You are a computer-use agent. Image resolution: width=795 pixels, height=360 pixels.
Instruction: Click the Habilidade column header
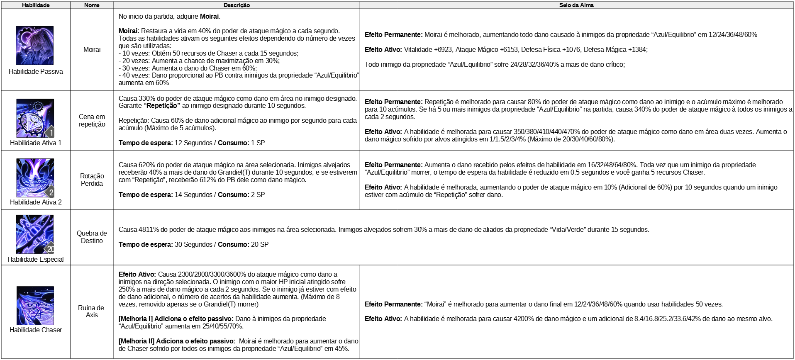click(x=36, y=5)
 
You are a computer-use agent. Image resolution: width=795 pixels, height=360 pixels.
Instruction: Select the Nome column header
click(x=92, y=5)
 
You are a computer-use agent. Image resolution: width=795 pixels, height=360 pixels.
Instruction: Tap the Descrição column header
click(x=237, y=5)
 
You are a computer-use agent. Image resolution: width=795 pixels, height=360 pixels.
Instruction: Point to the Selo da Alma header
click(x=576, y=5)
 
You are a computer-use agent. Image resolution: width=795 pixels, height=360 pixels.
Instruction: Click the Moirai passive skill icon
click(x=35, y=45)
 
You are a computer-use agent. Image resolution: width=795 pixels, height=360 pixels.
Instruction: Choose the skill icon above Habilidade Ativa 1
click(x=35, y=118)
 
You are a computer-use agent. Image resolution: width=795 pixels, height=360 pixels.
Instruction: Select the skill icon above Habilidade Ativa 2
click(x=35, y=178)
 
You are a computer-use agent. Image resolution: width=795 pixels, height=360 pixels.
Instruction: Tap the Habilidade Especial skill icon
click(x=35, y=234)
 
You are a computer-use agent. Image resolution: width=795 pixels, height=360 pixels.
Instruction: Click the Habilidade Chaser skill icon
click(x=35, y=305)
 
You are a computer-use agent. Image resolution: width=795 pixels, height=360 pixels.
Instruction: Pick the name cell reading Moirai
click(x=92, y=49)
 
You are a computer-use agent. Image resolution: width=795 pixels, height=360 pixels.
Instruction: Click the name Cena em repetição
click(x=92, y=120)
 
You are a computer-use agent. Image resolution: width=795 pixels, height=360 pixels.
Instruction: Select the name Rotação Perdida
click(x=92, y=180)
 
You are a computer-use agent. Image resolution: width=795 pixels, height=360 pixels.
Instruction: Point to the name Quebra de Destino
click(x=92, y=237)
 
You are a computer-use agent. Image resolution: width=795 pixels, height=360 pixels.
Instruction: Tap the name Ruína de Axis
click(x=91, y=311)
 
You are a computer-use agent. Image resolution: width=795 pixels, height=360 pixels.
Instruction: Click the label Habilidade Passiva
click(x=36, y=71)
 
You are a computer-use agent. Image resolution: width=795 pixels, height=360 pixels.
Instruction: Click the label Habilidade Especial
click(x=36, y=259)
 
